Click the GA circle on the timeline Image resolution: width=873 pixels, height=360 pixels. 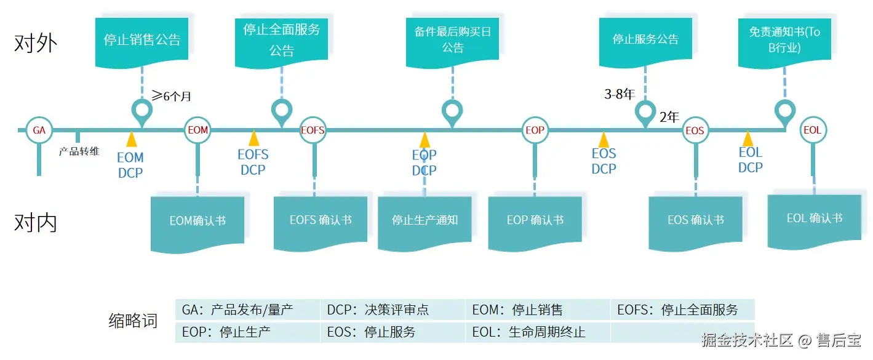click(x=39, y=130)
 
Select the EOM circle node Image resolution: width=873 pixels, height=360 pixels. click(x=197, y=130)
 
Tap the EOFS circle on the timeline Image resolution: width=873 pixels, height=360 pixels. click(x=313, y=130)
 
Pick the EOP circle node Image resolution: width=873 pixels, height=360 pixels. click(x=535, y=130)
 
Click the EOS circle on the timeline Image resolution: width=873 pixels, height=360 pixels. click(x=695, y=130)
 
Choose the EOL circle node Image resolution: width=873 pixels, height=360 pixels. click(x=812, y=130)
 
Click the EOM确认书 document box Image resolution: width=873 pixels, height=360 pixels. click(x=197, y=221)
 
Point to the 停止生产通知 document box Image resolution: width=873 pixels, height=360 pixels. click(x=425, y=220)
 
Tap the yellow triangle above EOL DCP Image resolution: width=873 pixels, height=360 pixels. click(x=748, y=138)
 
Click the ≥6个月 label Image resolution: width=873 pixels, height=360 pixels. click(x=172, y=96)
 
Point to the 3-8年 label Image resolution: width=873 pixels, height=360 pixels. click(x=619, y=94)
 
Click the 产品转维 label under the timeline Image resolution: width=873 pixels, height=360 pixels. click(x=79, y=151)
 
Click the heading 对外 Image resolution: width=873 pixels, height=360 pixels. click(x=36, y=43)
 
